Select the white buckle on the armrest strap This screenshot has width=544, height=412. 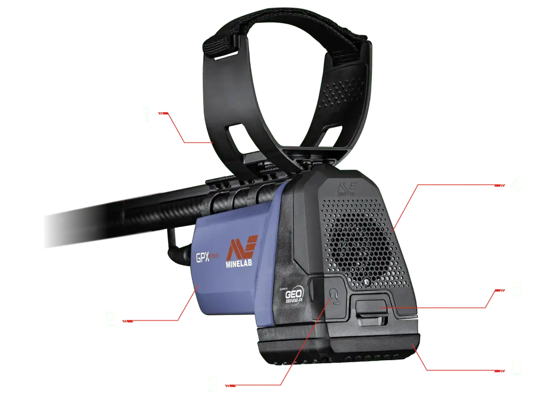click(224, 54)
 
